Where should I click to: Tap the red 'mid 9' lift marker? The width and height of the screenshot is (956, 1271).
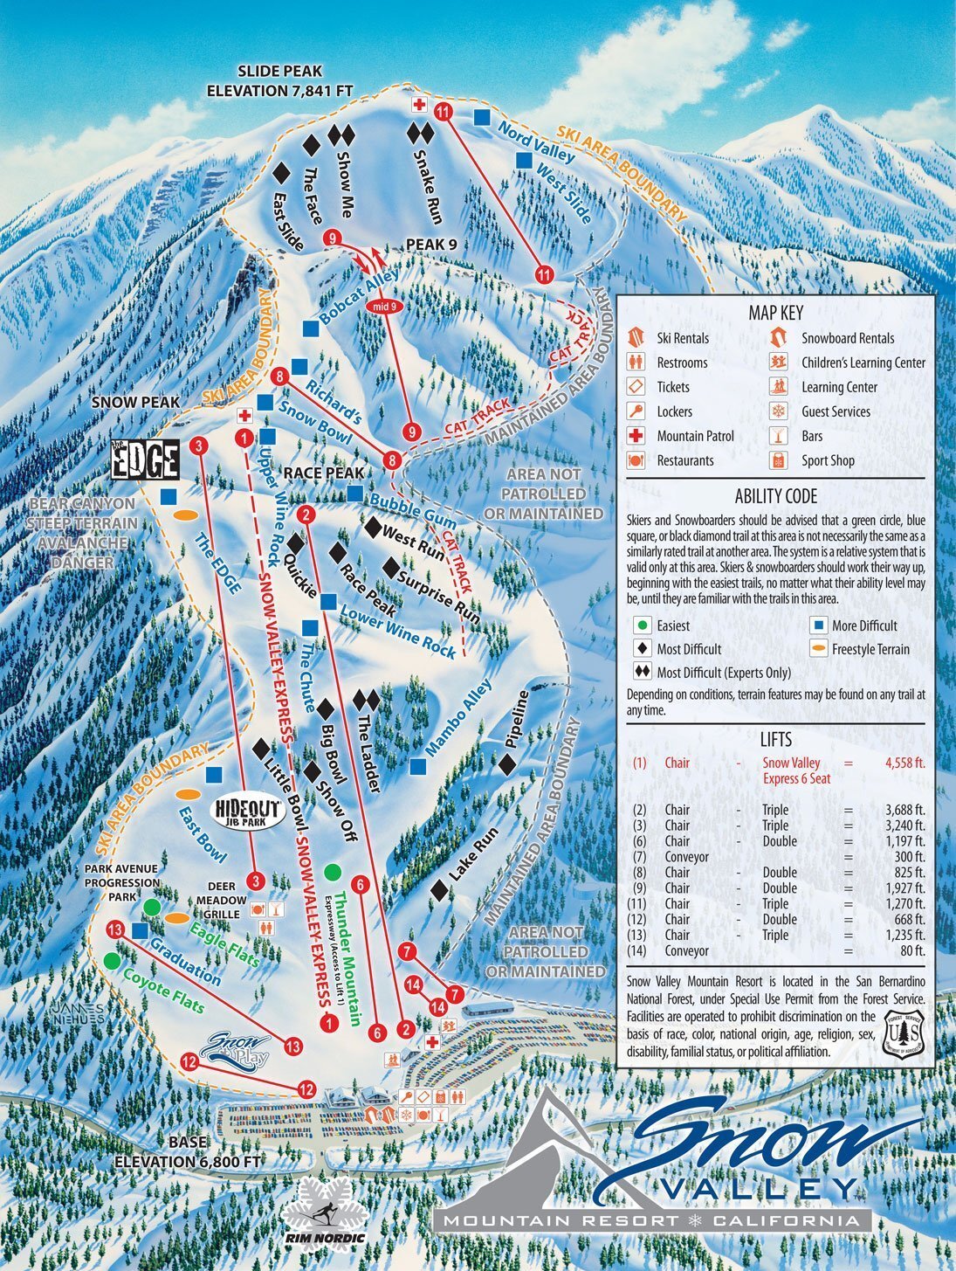(x=385, y=306)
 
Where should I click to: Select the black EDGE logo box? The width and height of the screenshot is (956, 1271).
(x=146, y=459)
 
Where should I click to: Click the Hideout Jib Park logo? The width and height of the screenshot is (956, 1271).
(x=249, y=812)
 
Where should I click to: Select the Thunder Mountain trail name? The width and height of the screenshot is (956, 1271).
(x=347, y=957)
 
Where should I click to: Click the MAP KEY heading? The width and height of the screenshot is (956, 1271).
(x=775, y=313)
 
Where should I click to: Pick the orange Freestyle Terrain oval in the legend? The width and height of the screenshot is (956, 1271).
(x=818, y=649)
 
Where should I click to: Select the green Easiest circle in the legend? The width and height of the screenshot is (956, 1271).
(x=643, y=625)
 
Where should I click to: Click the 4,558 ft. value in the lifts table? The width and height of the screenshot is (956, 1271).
(x=904, y=763)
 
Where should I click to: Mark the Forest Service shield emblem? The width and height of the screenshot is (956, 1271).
(x=904, y=1030)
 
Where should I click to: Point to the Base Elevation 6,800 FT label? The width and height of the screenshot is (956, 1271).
(x=188, y=1152)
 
